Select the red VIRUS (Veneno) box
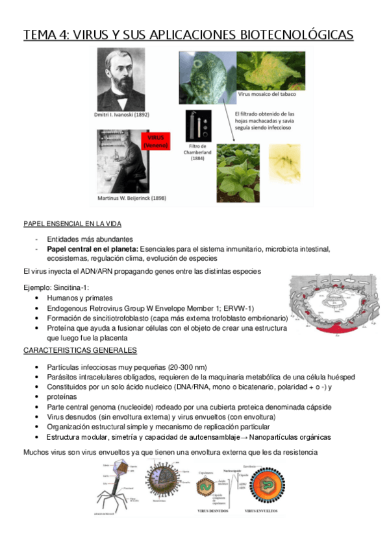[157, 141]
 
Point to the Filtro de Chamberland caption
[198, 156]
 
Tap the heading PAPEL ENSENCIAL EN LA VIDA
[72, 224]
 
